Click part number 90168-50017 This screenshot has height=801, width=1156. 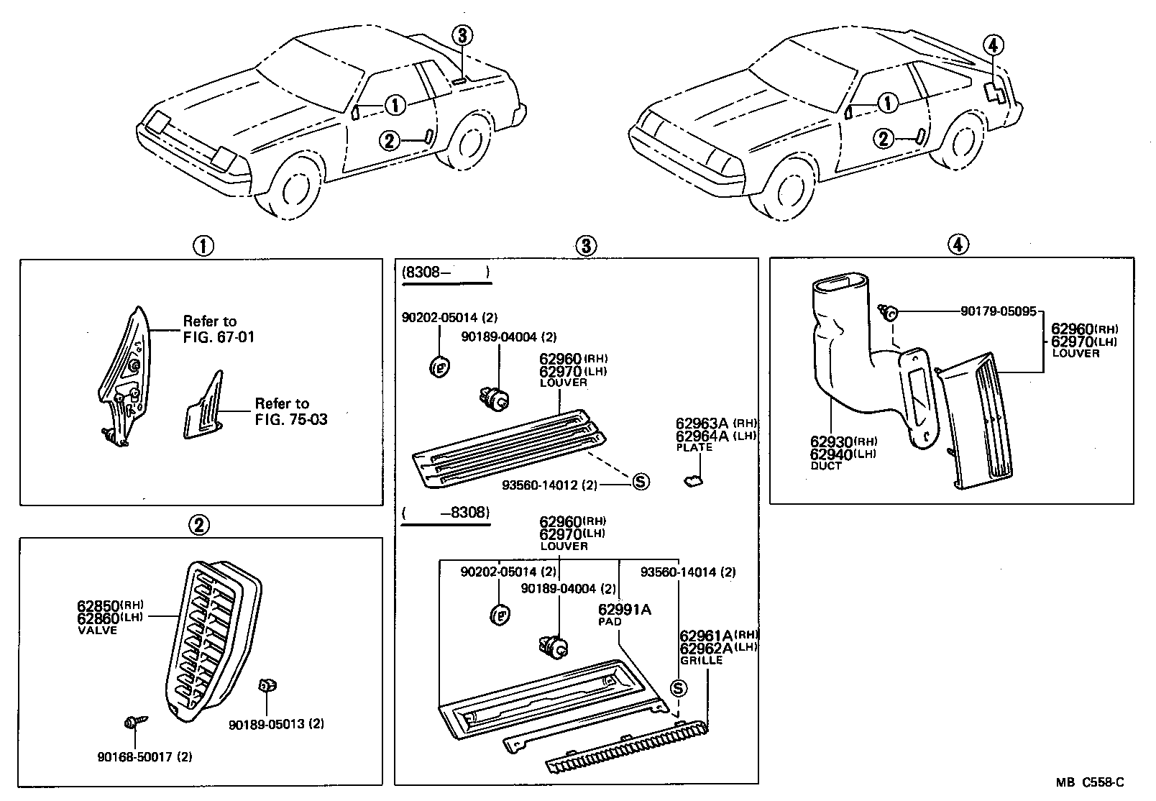135,756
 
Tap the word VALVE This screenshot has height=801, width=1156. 96,630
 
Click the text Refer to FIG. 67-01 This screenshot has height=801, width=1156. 219,329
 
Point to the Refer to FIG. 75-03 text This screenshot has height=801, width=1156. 290,411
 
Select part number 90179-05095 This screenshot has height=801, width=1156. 998,311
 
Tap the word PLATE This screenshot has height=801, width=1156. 694,447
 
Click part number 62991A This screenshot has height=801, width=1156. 624,610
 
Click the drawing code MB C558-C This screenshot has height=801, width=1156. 1090,783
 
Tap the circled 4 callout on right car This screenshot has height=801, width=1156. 992,45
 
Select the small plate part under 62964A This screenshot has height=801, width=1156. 693,482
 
